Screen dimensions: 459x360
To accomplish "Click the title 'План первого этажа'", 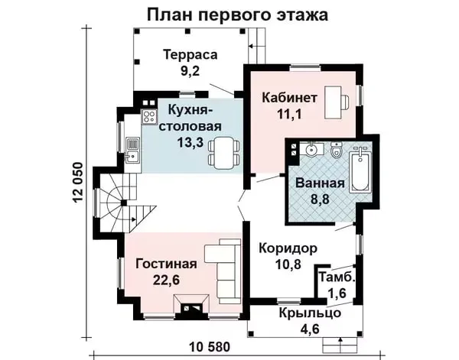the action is coord(237,15).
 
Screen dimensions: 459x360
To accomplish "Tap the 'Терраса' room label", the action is coord(190,55).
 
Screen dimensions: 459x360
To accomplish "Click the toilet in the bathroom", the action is coord(336,150).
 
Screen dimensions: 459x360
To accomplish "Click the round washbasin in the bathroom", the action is coord(311,151).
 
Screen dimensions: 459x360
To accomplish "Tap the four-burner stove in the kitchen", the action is coord(149,116).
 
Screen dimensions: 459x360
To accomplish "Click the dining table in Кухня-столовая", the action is coord(224,153).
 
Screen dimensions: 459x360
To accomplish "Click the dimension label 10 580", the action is coord(210,348).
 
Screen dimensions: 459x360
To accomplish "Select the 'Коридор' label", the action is coord(288,248).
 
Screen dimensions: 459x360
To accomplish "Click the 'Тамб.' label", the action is coord(337,277).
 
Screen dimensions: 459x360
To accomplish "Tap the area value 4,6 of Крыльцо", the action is coord(310,329).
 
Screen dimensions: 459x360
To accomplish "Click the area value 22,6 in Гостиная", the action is coord(166,281).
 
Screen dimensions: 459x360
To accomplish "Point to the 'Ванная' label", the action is coord(321,183).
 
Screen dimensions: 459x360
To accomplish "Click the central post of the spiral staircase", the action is coord(124,203).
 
